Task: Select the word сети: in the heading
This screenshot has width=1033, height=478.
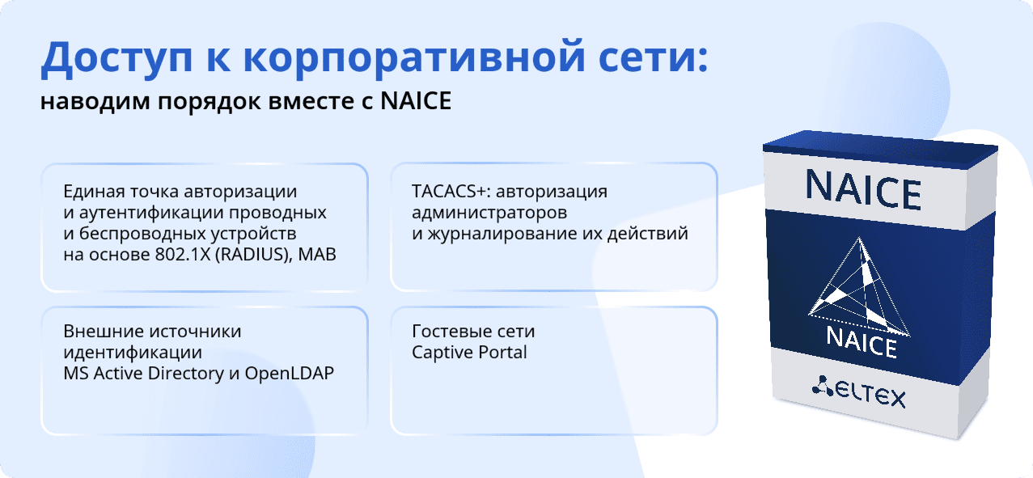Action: tap(654, 58)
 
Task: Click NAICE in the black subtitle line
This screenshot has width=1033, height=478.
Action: tap(416, 101)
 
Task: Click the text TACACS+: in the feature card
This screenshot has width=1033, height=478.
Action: tap(451, 192)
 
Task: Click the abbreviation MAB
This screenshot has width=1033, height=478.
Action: tap(317, 255)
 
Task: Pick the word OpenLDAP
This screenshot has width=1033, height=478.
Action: tap(289, 374)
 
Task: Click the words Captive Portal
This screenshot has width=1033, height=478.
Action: tap(469, 353)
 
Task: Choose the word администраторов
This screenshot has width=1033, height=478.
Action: tap(489, 213)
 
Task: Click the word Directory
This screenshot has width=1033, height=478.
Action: tap(185, 374)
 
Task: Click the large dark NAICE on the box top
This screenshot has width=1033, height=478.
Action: tap(863, 190)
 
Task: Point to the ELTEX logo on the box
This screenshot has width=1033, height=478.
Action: tap(859, 393)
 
